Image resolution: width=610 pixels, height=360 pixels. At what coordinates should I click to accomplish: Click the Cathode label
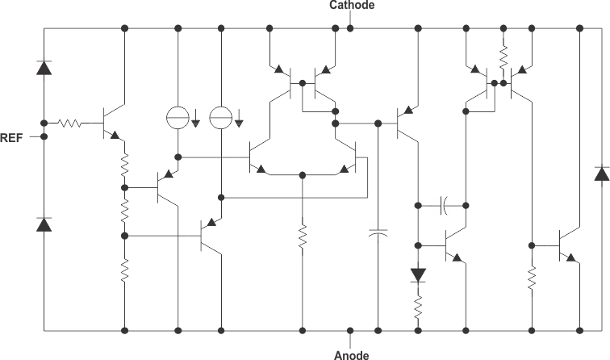pyautogui.click(x=351, y=6)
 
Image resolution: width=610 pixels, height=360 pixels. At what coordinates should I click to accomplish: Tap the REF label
pyautogui.click(x=12, y=137)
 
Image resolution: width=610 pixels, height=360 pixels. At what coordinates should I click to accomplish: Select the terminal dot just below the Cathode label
pyautogui.click(x=350, y=28)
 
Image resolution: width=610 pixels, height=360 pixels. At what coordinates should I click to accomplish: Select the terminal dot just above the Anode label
pyautogui.click(x=350, y=330)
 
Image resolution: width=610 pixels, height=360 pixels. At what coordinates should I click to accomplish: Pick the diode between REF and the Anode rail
pyautogui.click(x=44, y=224)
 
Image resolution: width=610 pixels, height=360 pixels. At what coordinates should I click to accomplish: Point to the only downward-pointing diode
pyautogui.click(x=418, y=274)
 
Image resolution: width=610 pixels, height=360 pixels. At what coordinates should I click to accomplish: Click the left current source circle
pyautogui.click(x=178, y=118)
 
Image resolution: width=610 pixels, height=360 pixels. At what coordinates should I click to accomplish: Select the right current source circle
pyautogui.click(x=219, y=118)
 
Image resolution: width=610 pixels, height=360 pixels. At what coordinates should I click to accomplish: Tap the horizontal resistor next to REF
pyautogui.click(x=69, y=123)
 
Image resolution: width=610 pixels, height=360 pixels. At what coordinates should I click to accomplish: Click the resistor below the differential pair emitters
pyautogui.click(x=302, y=237)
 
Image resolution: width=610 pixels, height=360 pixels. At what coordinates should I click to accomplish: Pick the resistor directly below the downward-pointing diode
pyautogui.click(x=418, y=307)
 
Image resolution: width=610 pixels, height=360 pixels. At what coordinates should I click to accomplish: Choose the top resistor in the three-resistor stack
pyautogui.click(x=125, y=166)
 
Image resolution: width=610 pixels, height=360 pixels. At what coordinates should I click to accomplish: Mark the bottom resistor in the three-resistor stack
pyautogui.click(x=125, y=272)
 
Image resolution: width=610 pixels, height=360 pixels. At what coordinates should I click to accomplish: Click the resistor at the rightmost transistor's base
pyautogui.click(x=533, y=278)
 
